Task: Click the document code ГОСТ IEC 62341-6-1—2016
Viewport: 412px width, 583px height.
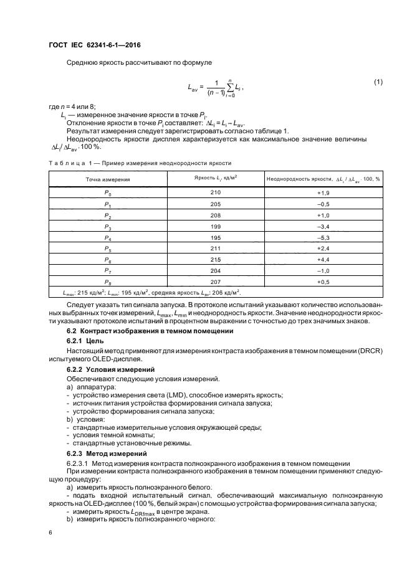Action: coord(94,45)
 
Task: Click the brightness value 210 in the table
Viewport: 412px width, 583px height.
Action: coord(216,192)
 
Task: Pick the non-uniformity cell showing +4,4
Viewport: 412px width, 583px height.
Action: coord(323,258)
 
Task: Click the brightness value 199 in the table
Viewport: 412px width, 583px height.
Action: coord(216,225)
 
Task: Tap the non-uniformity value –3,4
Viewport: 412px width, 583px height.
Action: coord(323,225)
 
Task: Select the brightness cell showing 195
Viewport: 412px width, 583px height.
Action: coord(216,237)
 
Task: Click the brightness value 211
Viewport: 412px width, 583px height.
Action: coord(216,247)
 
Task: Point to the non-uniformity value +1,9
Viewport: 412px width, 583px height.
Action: coord(323,192)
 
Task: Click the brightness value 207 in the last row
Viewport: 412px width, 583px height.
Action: coord(216,280)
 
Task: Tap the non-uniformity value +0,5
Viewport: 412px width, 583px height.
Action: coord(323,280)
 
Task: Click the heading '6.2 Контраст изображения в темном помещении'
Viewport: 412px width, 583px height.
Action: coord(148,331)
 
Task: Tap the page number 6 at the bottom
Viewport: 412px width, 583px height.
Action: coord(50,533)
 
